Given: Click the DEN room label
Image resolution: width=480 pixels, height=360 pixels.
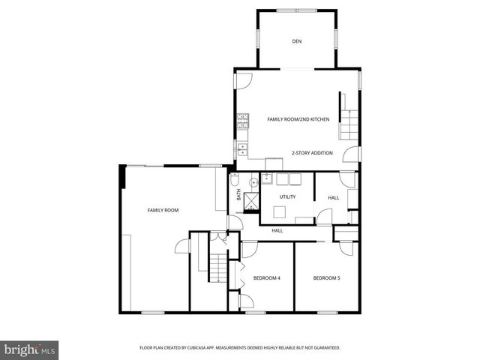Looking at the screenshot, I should (x=297, y=41).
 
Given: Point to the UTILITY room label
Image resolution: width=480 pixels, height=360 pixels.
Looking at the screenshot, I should (x=287, y=197).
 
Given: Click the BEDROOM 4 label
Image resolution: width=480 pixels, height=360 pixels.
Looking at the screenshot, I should (x=267, y=278).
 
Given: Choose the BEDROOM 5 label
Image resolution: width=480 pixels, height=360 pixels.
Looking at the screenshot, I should (x=326, y=278).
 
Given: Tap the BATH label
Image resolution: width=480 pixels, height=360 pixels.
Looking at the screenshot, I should (x=239, y=195).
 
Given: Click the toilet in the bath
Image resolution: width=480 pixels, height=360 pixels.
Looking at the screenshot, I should (x=235, y=181).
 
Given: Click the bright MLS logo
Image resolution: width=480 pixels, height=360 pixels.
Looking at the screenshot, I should (x=30, y=349).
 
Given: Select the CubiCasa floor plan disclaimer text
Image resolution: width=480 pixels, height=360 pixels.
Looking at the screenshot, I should (x=240, y=348).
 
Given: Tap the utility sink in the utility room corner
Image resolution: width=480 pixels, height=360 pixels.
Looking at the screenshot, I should (x=265, y=179).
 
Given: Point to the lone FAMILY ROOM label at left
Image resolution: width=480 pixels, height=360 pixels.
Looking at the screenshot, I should (x=163, y=211).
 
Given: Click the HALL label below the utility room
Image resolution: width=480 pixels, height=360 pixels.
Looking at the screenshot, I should (x=277, y=230).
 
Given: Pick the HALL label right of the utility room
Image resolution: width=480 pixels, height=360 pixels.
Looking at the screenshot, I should (x=333, y=197).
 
